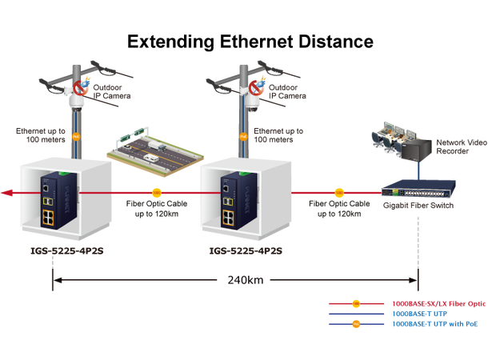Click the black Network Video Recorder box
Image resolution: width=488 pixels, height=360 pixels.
coord(418,147)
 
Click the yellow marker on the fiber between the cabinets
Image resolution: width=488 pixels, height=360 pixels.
coord(157,193)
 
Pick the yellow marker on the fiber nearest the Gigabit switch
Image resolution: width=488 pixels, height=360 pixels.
coord(338,193)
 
